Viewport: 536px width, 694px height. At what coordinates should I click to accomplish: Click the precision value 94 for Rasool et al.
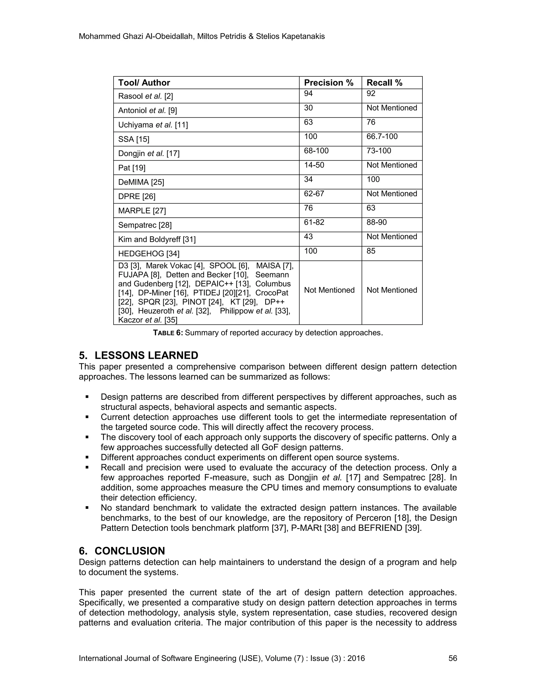point(308,93)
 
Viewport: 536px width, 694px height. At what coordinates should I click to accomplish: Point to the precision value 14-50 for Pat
point(314,165)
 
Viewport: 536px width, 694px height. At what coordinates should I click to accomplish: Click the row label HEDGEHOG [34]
point(149,254)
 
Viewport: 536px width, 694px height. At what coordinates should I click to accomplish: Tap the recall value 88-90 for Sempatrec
point(376,222)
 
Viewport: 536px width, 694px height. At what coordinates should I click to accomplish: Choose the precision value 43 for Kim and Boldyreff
point(308,236)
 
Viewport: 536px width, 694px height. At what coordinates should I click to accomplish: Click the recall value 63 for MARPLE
point(371,208)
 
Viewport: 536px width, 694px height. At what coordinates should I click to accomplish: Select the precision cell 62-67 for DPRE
point(314,194)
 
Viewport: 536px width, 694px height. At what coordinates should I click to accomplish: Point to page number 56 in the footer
point(453,658)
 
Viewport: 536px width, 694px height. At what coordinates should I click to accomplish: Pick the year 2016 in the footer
point(356,658)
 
